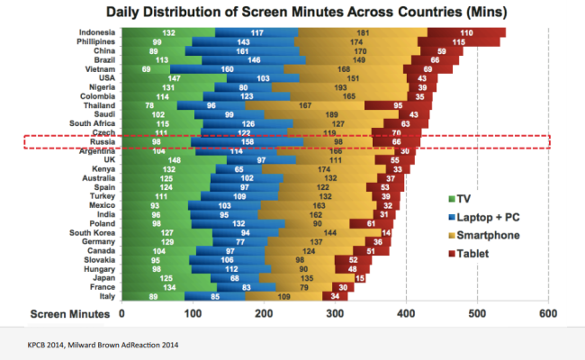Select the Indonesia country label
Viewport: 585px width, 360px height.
92,32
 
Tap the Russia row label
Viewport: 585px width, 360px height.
96,141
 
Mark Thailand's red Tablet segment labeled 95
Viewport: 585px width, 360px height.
396,104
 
